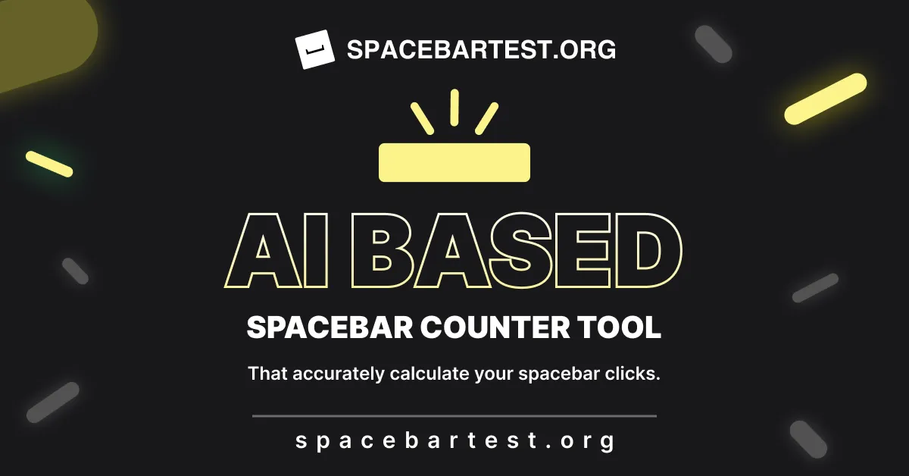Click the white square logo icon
[314, 49]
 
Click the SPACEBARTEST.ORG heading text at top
[481, 50]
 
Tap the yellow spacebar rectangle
[454, 162]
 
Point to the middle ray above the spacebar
[454, 107]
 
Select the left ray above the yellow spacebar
[421, 117]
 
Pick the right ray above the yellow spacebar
[487, 117]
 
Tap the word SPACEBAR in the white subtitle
[329, 327]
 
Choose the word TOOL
[619, 327]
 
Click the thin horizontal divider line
[454, 416]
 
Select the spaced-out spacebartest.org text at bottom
[454, 441]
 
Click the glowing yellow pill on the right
[825, 99]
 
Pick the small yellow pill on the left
[49, 164]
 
